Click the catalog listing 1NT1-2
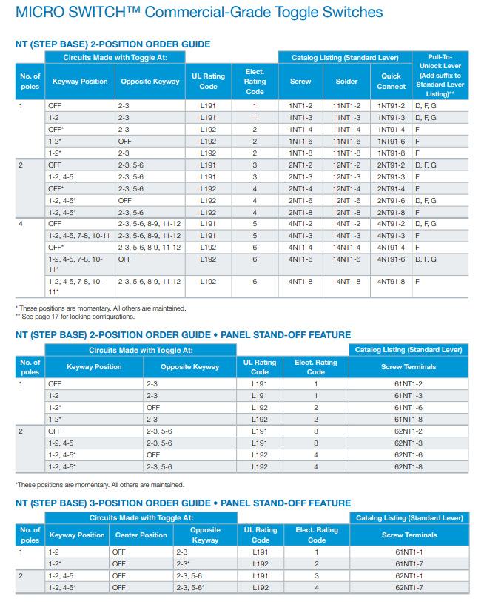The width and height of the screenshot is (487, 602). pyautogui.click(x=300, y=105)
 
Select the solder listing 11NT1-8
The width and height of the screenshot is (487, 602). pyautogui.click(x=346, y=153)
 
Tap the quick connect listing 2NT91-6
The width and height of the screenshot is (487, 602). pyautogui.click(x=391, y=201)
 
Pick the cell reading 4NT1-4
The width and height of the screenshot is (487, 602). pyautogui.click(x=300, y=248)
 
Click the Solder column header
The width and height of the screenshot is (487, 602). pyautogui.click(x=346, y=82)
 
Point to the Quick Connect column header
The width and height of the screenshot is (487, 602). pyautogui.click(x=391, y=82)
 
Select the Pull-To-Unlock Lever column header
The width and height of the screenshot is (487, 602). pyautogui.click(x=440, y=76)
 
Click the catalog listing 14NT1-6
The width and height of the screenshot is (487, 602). pyautogui.click(x=346, y=259)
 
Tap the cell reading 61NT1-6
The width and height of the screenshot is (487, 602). pyautogui.click(x=409, y=408)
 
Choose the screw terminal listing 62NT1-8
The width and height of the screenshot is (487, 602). pyautogui.click(x=409, y=467)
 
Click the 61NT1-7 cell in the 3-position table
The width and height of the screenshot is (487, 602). pyautogui.click(x=409, y=564)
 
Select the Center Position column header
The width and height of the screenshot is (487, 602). pyautogui.click(x=141, y=535)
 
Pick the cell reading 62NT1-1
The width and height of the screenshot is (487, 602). pyautogui.click(x=409, y=576)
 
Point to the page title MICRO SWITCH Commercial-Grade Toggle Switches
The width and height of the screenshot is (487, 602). pyautogui.click(x=199, y=13)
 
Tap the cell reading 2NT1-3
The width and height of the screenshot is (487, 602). pyautogui.click(x=300, y=177)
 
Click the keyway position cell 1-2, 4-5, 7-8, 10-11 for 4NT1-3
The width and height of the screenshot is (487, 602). pyautogui.click(x=79, y=236)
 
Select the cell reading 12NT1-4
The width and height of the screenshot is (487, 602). pyautogui.click(x=346, y=189)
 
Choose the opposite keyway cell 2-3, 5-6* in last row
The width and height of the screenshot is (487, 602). pyautogui.click(x=190, y=588)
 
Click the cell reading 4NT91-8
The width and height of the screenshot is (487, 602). pyautogui.click(x=391, y=282)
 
